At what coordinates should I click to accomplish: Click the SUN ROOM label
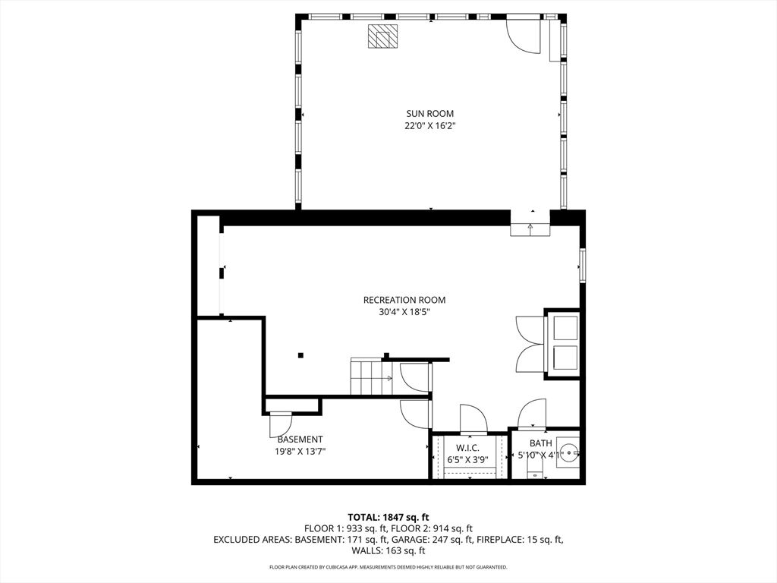tap(429, 114)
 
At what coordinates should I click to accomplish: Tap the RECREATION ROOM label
tap(404, 300)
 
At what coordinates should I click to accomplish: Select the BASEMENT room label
tap(300, 440)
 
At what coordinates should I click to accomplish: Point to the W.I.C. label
tap(467, 448)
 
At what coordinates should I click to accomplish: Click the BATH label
tap(540, 443)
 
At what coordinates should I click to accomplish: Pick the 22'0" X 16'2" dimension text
tap(429, 126)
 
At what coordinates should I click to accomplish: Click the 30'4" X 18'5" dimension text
tap(404, 312)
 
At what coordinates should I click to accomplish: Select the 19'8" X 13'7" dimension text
tap(300, 452)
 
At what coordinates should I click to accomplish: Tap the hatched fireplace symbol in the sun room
tap(382, 36)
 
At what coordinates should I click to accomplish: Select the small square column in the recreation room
tap(300, 355)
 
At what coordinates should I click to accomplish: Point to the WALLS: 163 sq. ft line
tap(388, 550)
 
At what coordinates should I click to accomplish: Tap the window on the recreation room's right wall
tap(583, 266)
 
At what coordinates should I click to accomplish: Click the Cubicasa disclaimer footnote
tap(388, 567)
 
